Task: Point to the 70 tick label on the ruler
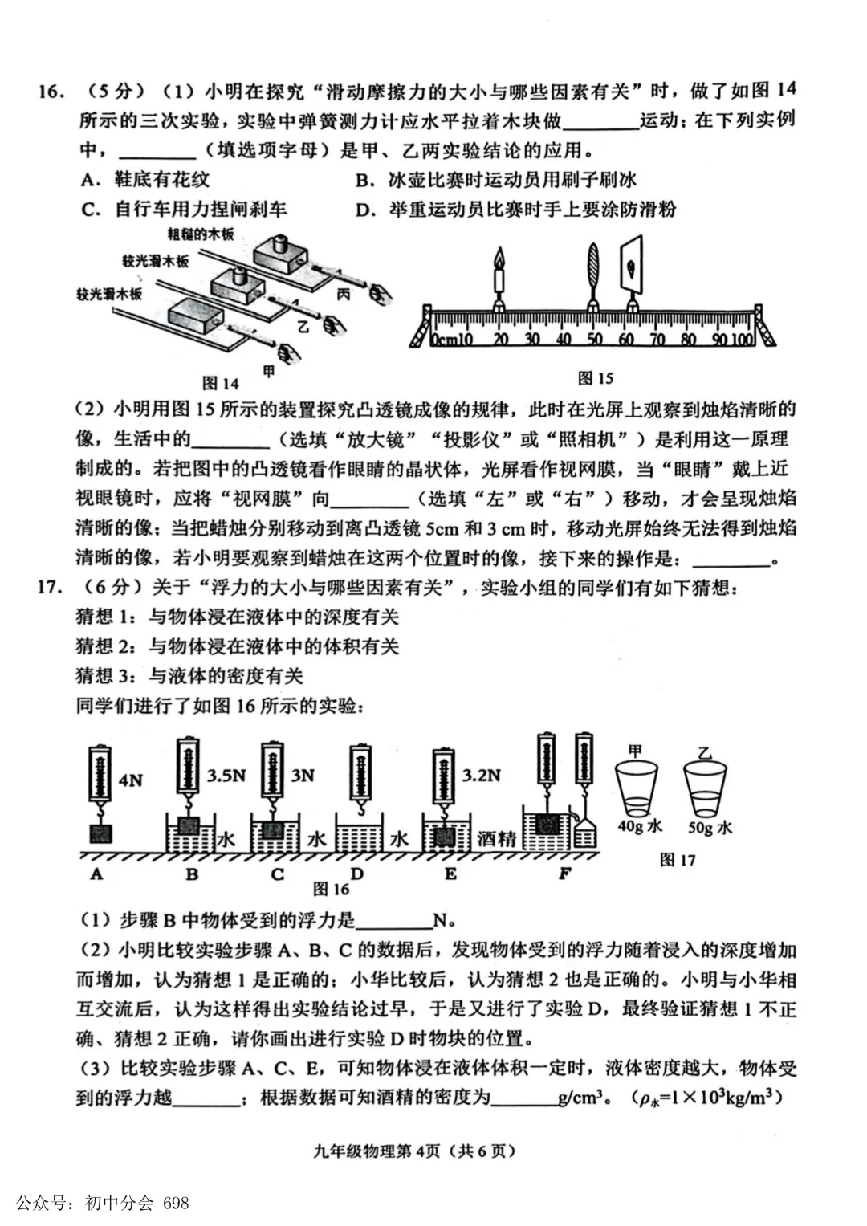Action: pyautogui.click(x=657, y=340)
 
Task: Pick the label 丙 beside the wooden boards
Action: pyautogui.click(x=344, y=295)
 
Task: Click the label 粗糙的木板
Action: pyautogui.click(x=201, y=234)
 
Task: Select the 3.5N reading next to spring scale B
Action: pyautogui.click(x=226, y=776)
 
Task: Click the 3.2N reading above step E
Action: pyautogui.click(x=481, y=776)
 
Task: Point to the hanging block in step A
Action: pyautogui.click(x=101, y=834)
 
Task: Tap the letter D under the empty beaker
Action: pyautogui.click(x=357, y=874)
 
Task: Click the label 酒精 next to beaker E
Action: pyautogui.click(x=496, y=839)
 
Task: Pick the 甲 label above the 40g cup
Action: pyautogui.click(x=635, y=751)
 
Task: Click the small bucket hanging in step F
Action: pyautogui.click(x=585, y=834)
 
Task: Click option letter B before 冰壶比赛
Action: pyautogui.click(x=364, y=181)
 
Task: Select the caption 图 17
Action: pyautogui.click(x=677, y=861)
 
